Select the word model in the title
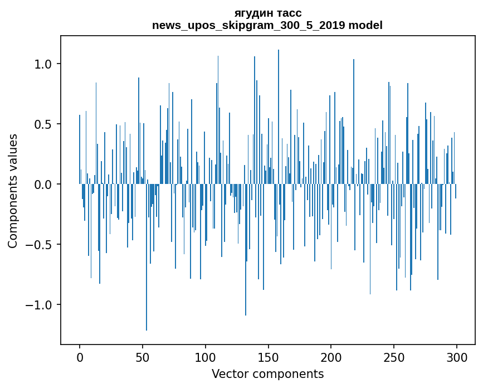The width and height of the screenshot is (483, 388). coord(364,25)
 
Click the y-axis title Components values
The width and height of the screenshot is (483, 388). coord(13,191)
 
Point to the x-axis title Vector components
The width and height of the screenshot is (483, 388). coord(267,374)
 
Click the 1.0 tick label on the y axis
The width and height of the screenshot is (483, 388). coord(43,64)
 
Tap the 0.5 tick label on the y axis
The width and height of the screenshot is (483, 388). coord(43,124)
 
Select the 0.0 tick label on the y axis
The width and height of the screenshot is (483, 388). coord(43,184)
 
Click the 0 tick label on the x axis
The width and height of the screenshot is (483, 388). coord(80,357)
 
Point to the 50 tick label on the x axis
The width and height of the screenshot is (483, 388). coord(143,357)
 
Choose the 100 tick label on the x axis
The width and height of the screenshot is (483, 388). coord(205,357)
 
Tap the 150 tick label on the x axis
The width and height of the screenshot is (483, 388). coord(268,357)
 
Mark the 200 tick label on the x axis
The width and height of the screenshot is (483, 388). coord(331,357)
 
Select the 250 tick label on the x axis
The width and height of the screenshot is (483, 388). coord(394,357)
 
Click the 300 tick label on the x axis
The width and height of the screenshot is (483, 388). coord(457,357)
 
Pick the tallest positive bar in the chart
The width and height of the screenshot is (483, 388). coord(279,111)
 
